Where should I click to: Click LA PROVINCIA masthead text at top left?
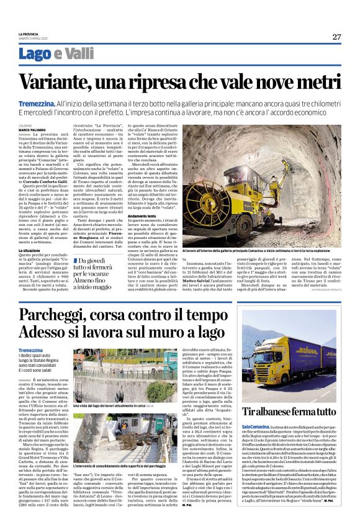coord(29,34)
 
